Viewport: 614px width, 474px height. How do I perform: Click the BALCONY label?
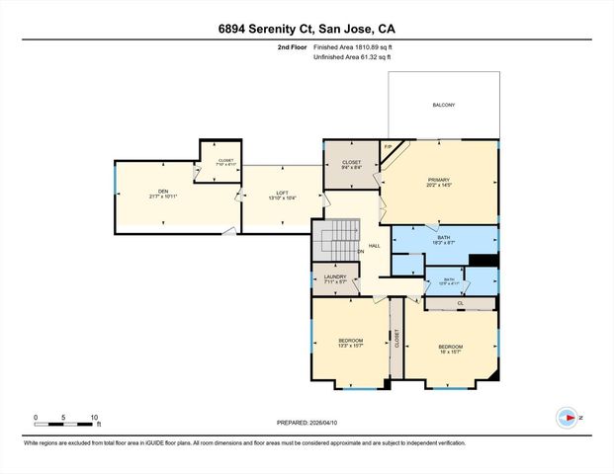coord(443,105)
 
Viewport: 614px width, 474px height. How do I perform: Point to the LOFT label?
coord(282,195)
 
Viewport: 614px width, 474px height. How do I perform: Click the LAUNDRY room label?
coord(335,278)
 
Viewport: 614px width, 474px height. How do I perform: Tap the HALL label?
coord(375,246)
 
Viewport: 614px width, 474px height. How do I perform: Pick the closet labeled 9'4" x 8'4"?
coord(352,165)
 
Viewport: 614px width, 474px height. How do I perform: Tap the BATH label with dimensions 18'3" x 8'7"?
coord(444,239)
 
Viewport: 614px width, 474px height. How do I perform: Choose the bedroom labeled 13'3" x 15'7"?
coord(351,343)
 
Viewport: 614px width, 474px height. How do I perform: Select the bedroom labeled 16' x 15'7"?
coord(451,349)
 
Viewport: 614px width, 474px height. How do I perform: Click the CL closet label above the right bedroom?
coord(460,304)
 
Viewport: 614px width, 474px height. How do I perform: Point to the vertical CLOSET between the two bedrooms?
coord(395,339)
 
